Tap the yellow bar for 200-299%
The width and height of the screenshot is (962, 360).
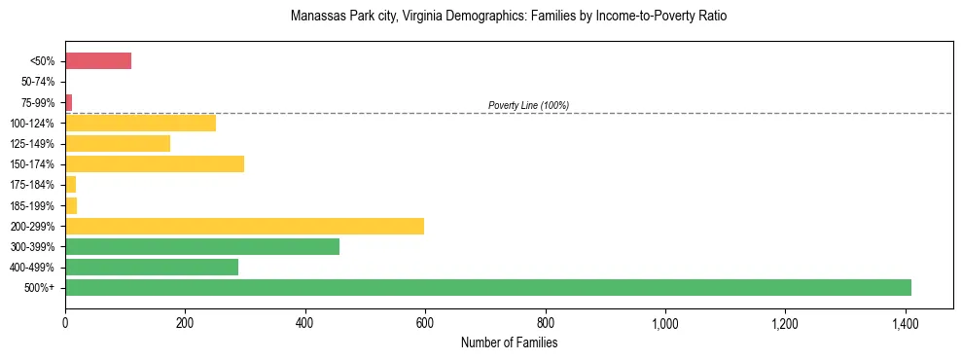(x=244, y=226)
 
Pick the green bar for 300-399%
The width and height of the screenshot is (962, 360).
(x=202, y=246)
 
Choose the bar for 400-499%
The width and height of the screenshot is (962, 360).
(x=152, y=267)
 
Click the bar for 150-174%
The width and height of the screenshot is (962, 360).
(x=155, y=163)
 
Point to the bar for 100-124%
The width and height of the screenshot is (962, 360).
(x=140, y=123)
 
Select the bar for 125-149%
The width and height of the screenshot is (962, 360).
(x=118, y=143)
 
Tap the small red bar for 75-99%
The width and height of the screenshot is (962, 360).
(x=68, y=102)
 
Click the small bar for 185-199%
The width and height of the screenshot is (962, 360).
(x=71, y=205)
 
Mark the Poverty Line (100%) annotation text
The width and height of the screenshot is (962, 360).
(x=528, y=105)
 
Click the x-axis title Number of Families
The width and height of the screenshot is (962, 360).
(x=509, y=342)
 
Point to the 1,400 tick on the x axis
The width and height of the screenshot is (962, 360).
(x=905, y=322)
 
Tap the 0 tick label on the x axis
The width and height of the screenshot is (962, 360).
(x=65, y=322)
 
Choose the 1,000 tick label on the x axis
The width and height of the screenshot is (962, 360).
(x=664, y=322)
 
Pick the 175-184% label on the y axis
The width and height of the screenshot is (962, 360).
(x=36, y=185)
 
